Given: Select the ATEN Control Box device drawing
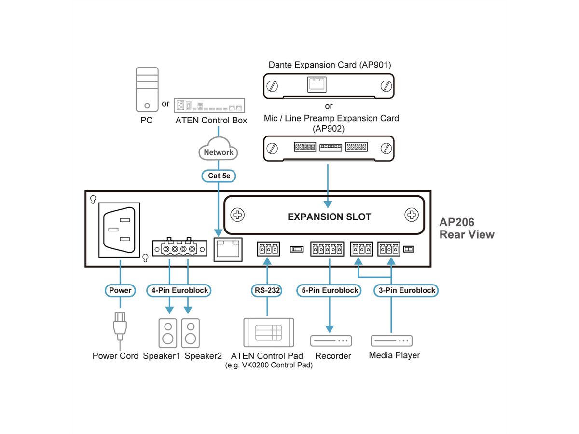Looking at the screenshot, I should click(210, 105).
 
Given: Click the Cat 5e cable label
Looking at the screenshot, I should click(219, 176).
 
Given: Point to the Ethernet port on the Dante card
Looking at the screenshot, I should click(317, 85).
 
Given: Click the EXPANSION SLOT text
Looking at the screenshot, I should click(329, 217).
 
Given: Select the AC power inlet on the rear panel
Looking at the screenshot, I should click(118, 229).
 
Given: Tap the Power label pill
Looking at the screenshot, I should click(120, 290).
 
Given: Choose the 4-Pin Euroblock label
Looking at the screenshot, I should click(179, 290).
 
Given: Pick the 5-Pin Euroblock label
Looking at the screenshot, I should click(330, 290).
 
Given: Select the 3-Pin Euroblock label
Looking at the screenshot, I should click(406, 290).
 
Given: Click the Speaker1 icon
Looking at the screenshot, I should click(167, 332).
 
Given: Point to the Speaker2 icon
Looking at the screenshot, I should click(190, 332).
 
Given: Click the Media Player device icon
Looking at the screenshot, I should click(392, 340).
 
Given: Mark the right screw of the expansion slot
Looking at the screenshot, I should click(412, 215).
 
